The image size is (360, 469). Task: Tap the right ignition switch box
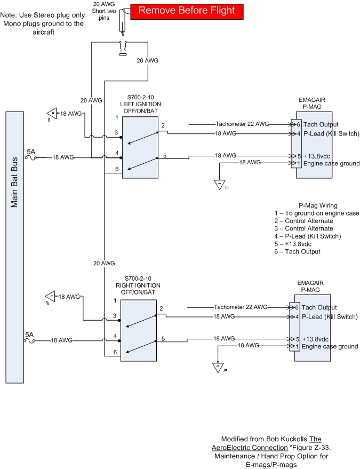pos(138,330)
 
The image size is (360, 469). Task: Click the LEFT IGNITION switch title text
pos(141,104)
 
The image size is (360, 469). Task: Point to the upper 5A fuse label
pos(31,152)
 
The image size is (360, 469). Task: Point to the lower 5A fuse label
pos(29,334)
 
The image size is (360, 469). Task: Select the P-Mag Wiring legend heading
pos(317,205)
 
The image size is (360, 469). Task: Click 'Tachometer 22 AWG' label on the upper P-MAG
pos(242,124)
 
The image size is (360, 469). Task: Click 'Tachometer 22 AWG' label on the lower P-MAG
pos(241,307)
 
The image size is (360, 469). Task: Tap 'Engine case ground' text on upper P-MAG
pos(331,163)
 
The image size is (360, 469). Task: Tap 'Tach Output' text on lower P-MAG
pos(319,307)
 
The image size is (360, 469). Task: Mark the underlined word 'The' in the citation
pos(330,439)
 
